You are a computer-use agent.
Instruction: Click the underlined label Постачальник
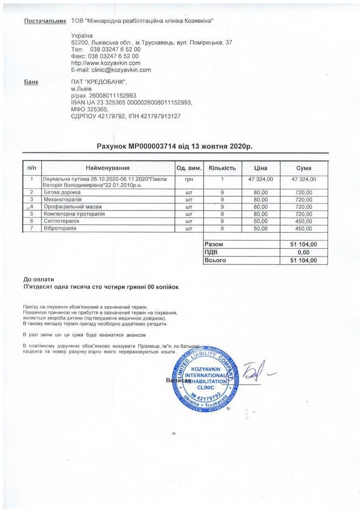[x=45, y=21]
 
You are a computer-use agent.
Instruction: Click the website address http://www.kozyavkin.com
[x=105, y=63]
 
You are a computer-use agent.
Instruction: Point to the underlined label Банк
[x=31, y=82]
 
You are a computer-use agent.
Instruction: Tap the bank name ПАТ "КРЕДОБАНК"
[x=98, y=82]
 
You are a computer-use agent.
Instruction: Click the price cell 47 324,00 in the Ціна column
[x=260, y=180]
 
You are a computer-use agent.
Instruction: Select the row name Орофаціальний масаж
[x=73, y=207]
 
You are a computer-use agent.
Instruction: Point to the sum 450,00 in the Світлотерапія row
[x=304, y=221]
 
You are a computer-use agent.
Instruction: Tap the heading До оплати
[x=39, y=279]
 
